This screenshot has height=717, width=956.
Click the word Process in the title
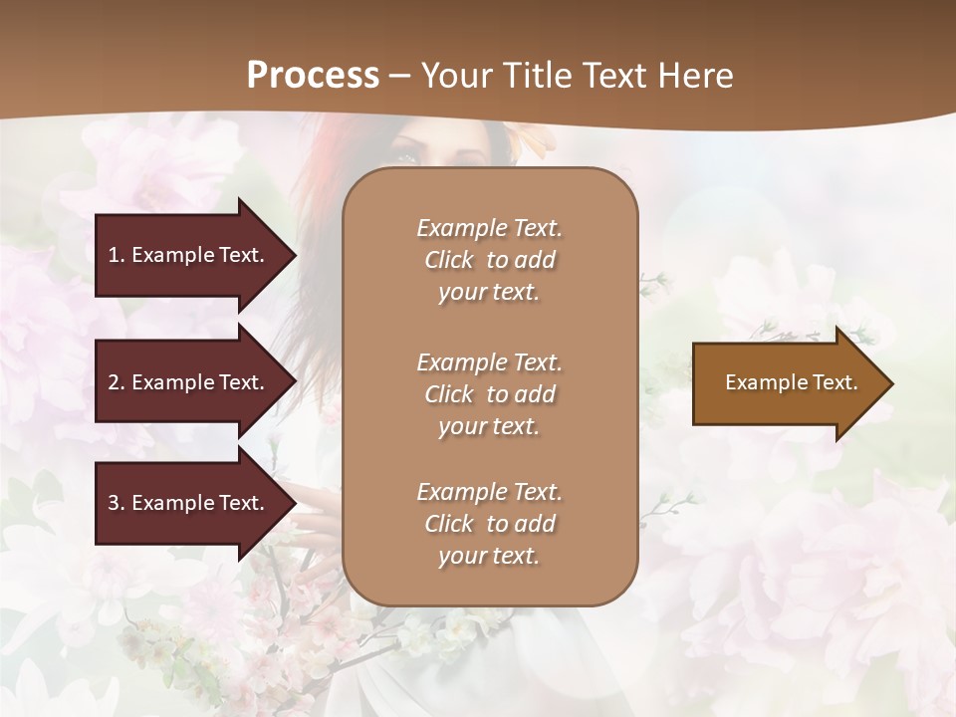(313, 75)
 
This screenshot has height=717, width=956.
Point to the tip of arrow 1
(294, 255)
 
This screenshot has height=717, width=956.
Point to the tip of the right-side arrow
(891, 383)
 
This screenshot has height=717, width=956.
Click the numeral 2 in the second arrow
(114, 382)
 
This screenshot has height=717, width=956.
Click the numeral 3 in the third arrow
(114, 503)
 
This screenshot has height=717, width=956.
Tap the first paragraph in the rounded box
(489, 260)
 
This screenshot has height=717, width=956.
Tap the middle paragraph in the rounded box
(489, 394)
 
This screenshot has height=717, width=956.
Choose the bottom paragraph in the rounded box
(489, 524)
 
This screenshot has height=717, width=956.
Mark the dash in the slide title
(400, 76)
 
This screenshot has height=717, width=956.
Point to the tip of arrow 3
(294, 503)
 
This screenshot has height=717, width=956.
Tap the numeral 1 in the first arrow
(113, 255)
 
